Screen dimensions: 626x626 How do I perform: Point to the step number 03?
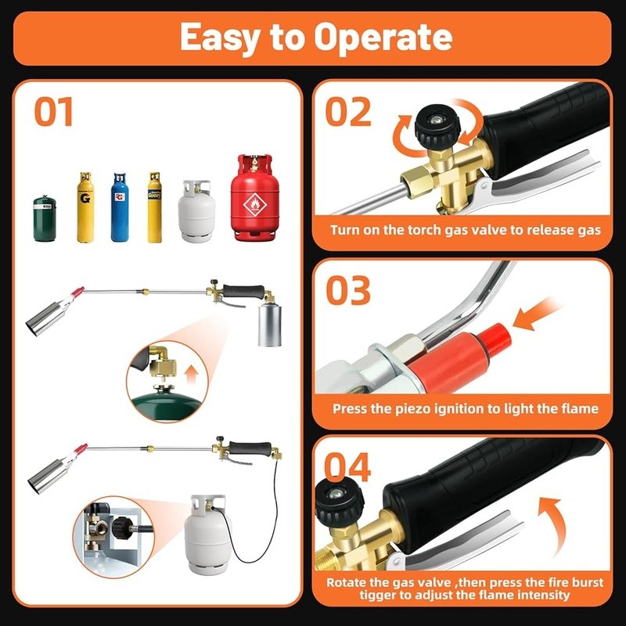tap(348, 290)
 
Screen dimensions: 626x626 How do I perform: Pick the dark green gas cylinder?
tap(45, 219)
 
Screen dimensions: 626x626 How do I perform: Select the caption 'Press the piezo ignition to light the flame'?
tap(465, 408)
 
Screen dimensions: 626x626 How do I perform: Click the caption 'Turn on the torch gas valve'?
tap(465, 230)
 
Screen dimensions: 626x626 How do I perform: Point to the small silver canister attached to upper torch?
tap(270, 323)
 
